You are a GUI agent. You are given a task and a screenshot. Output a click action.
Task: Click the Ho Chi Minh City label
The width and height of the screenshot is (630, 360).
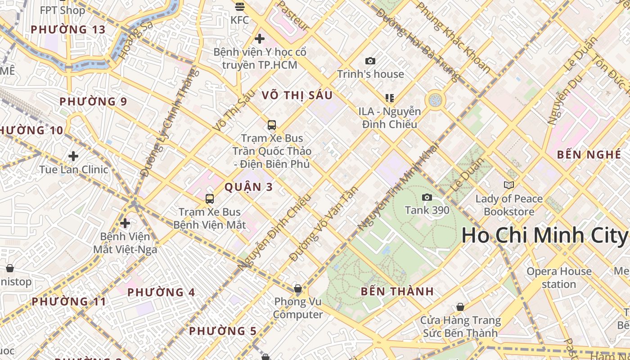click(544, 235)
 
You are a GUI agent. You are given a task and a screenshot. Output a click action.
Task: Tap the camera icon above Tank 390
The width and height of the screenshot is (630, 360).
click(427, 197)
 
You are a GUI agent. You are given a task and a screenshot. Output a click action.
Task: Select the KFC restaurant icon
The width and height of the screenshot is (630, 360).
click(240, 7)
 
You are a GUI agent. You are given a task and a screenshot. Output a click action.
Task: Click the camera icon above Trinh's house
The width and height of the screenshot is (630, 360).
click(370, 61)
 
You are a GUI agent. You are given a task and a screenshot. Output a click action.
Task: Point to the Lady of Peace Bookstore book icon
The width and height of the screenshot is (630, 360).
click(509, 185)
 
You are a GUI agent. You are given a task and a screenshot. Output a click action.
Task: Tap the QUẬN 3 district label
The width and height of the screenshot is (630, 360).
click(248, 187)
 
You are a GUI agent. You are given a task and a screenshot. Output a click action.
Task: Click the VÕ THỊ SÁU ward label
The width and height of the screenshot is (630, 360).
click(297, 95)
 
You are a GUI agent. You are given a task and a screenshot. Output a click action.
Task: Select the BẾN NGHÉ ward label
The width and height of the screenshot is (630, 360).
click(589, 154)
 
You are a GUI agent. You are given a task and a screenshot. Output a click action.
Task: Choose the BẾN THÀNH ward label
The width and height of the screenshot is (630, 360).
click(397, 291)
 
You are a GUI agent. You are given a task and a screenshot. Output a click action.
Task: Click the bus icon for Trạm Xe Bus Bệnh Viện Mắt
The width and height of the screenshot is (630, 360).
click(210, 198)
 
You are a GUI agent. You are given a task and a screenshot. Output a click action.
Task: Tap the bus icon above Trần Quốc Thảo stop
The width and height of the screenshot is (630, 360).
click(271, 125)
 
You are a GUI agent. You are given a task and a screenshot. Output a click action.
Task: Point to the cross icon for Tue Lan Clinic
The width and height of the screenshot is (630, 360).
click(73, 156)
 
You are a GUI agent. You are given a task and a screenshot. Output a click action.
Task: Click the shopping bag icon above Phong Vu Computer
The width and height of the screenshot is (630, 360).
click(297, 288)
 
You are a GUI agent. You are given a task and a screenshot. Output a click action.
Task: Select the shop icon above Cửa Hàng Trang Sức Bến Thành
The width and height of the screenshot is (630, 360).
click(460, 307)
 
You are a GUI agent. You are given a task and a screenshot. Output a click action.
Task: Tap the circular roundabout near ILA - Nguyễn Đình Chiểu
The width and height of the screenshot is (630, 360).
click(435, 100)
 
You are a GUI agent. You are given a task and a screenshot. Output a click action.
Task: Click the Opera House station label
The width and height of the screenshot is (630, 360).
click(559, 278)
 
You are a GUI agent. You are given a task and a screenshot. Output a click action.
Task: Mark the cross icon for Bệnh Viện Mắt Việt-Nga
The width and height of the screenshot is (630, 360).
click(125, 223)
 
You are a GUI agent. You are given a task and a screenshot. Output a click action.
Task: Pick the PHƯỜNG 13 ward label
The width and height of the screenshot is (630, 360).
click(68, 30)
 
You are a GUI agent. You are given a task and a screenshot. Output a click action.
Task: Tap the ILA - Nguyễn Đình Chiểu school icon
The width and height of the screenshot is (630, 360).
click(390, 98)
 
